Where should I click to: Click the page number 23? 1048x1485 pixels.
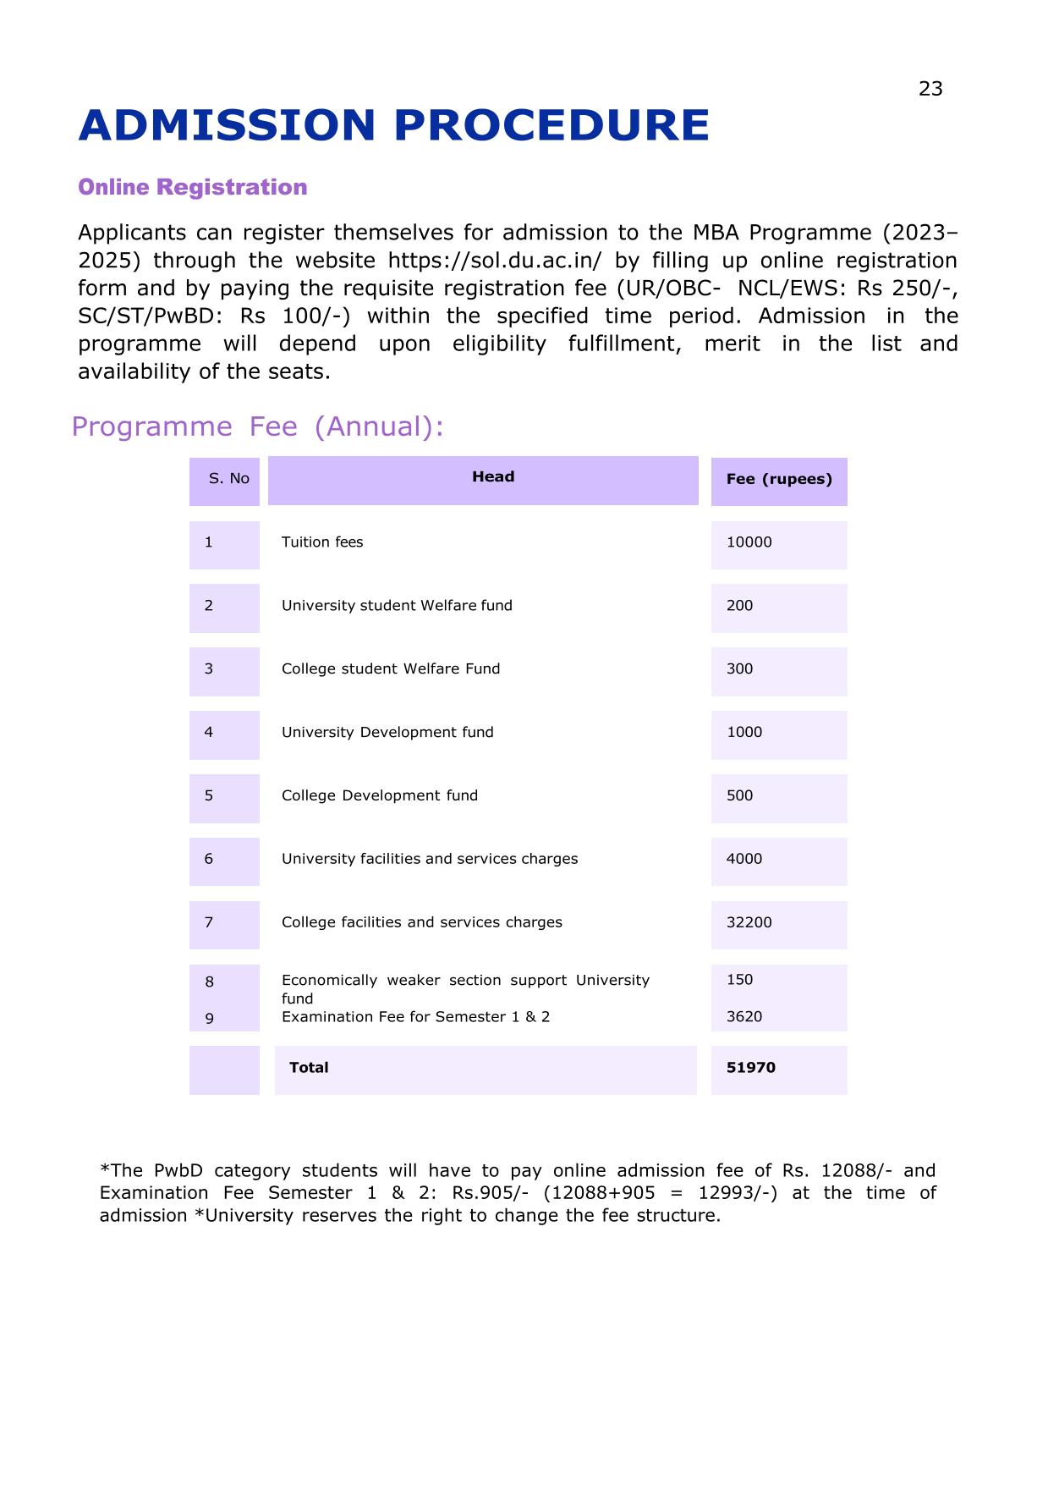click(930, 89)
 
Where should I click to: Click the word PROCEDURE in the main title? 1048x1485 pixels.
click(551, 125)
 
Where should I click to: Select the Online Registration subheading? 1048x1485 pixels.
click(192, 187)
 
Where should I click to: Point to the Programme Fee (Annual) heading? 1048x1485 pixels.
click(258, 426)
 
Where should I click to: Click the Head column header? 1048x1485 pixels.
click(492, 477)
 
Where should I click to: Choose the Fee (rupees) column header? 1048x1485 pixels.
click(778, 479)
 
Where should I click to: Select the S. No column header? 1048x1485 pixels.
click(228, 479)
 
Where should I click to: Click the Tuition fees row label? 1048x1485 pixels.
click(321, 542)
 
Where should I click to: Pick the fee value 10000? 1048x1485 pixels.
click(749, 542)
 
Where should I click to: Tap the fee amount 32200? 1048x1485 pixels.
click(749, 922)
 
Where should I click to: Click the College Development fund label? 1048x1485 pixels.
click(379, 795)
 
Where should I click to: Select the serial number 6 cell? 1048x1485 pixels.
click(209, 859)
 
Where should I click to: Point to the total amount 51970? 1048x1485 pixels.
click(750, 1068)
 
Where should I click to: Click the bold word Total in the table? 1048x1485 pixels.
click(309, 1068)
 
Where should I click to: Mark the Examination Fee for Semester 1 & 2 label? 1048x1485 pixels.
click(415, 1017)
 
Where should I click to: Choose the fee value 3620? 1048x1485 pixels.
click(743, 1017)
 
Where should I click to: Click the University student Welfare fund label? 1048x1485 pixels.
click(397, 606)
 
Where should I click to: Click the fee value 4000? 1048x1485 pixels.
click(743, 859)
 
